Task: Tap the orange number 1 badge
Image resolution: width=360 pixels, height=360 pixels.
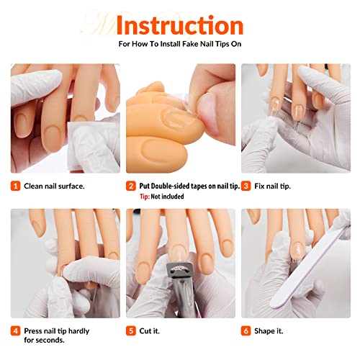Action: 15,186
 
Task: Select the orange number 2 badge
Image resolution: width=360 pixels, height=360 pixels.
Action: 130,186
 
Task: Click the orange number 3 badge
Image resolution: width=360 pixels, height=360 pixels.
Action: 246,186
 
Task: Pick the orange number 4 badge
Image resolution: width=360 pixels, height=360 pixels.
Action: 15,331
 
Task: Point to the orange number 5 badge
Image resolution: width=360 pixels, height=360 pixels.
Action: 130,331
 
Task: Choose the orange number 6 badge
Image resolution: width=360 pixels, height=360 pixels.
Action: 246,331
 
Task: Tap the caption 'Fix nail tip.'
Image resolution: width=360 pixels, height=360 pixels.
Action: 276,186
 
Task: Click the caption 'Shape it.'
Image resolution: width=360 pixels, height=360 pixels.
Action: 271,331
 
